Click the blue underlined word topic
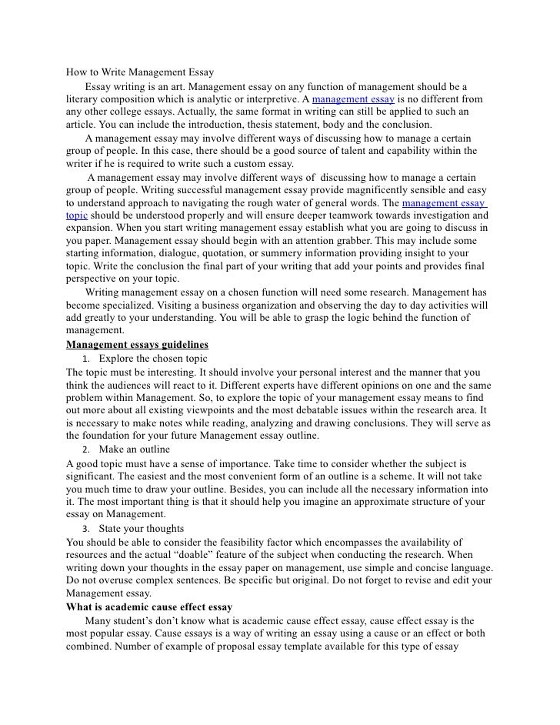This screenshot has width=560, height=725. pos(77,216)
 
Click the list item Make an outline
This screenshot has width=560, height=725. pos(135,449)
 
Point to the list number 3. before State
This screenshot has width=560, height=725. pos(85,529)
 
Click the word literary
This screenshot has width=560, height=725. pos(82,99)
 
